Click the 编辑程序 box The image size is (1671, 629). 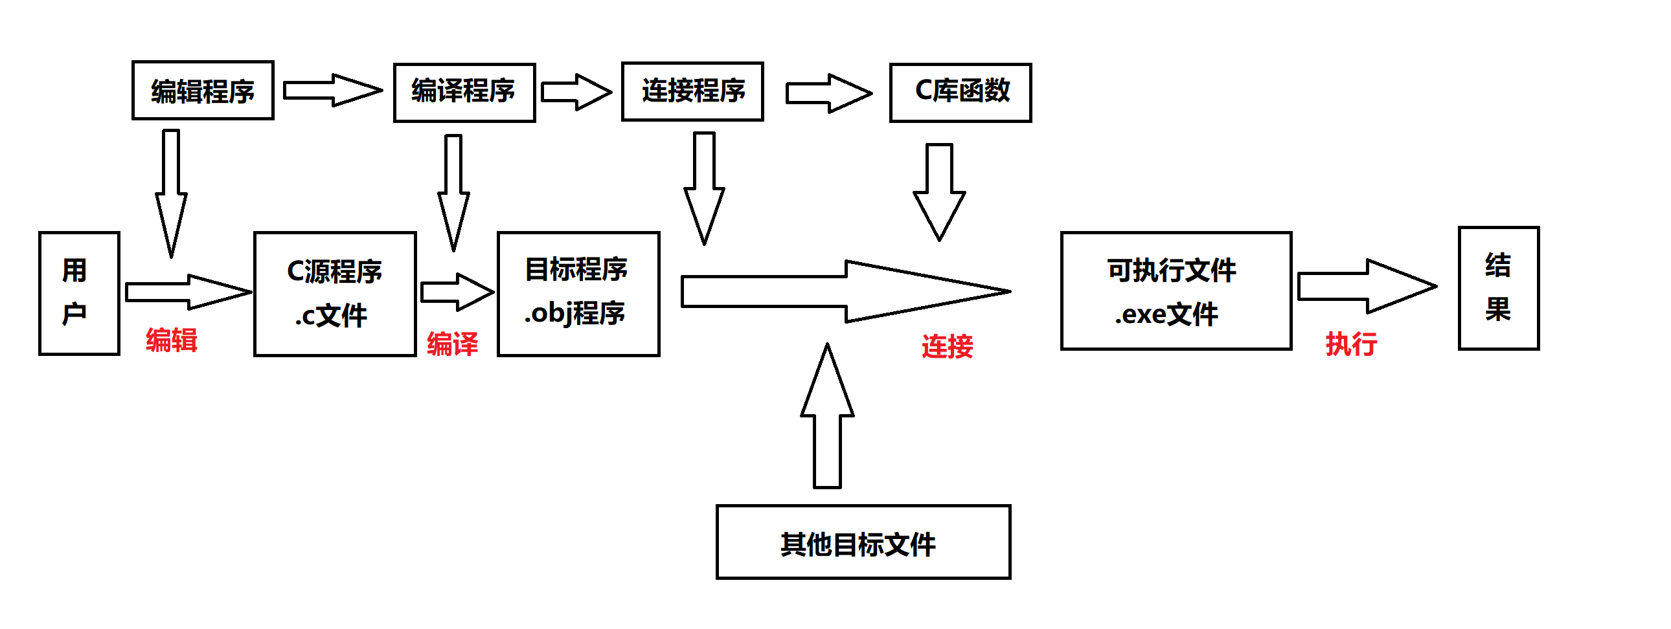coord(202,91)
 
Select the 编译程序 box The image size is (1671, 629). coord(464,93)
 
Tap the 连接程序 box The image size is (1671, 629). coord(692,91)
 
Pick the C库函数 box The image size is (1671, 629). coord(960,93)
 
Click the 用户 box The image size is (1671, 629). coord(79,293)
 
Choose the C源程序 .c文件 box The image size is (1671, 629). coord(335,294)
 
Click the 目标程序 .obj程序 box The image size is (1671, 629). coord(578,294)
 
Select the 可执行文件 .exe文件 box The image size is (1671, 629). coord(1176,291)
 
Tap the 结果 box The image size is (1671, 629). coord(1498,289)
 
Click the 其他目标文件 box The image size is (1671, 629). coord(863,542)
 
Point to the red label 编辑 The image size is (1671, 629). coord(171,340)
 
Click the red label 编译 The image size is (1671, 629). coord(452,344)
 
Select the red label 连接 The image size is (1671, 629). coord(947,346)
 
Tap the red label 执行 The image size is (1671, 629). coord(1350,344)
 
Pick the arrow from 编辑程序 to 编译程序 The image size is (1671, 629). coord(331,90)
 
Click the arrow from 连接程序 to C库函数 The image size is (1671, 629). coord(828,93)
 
